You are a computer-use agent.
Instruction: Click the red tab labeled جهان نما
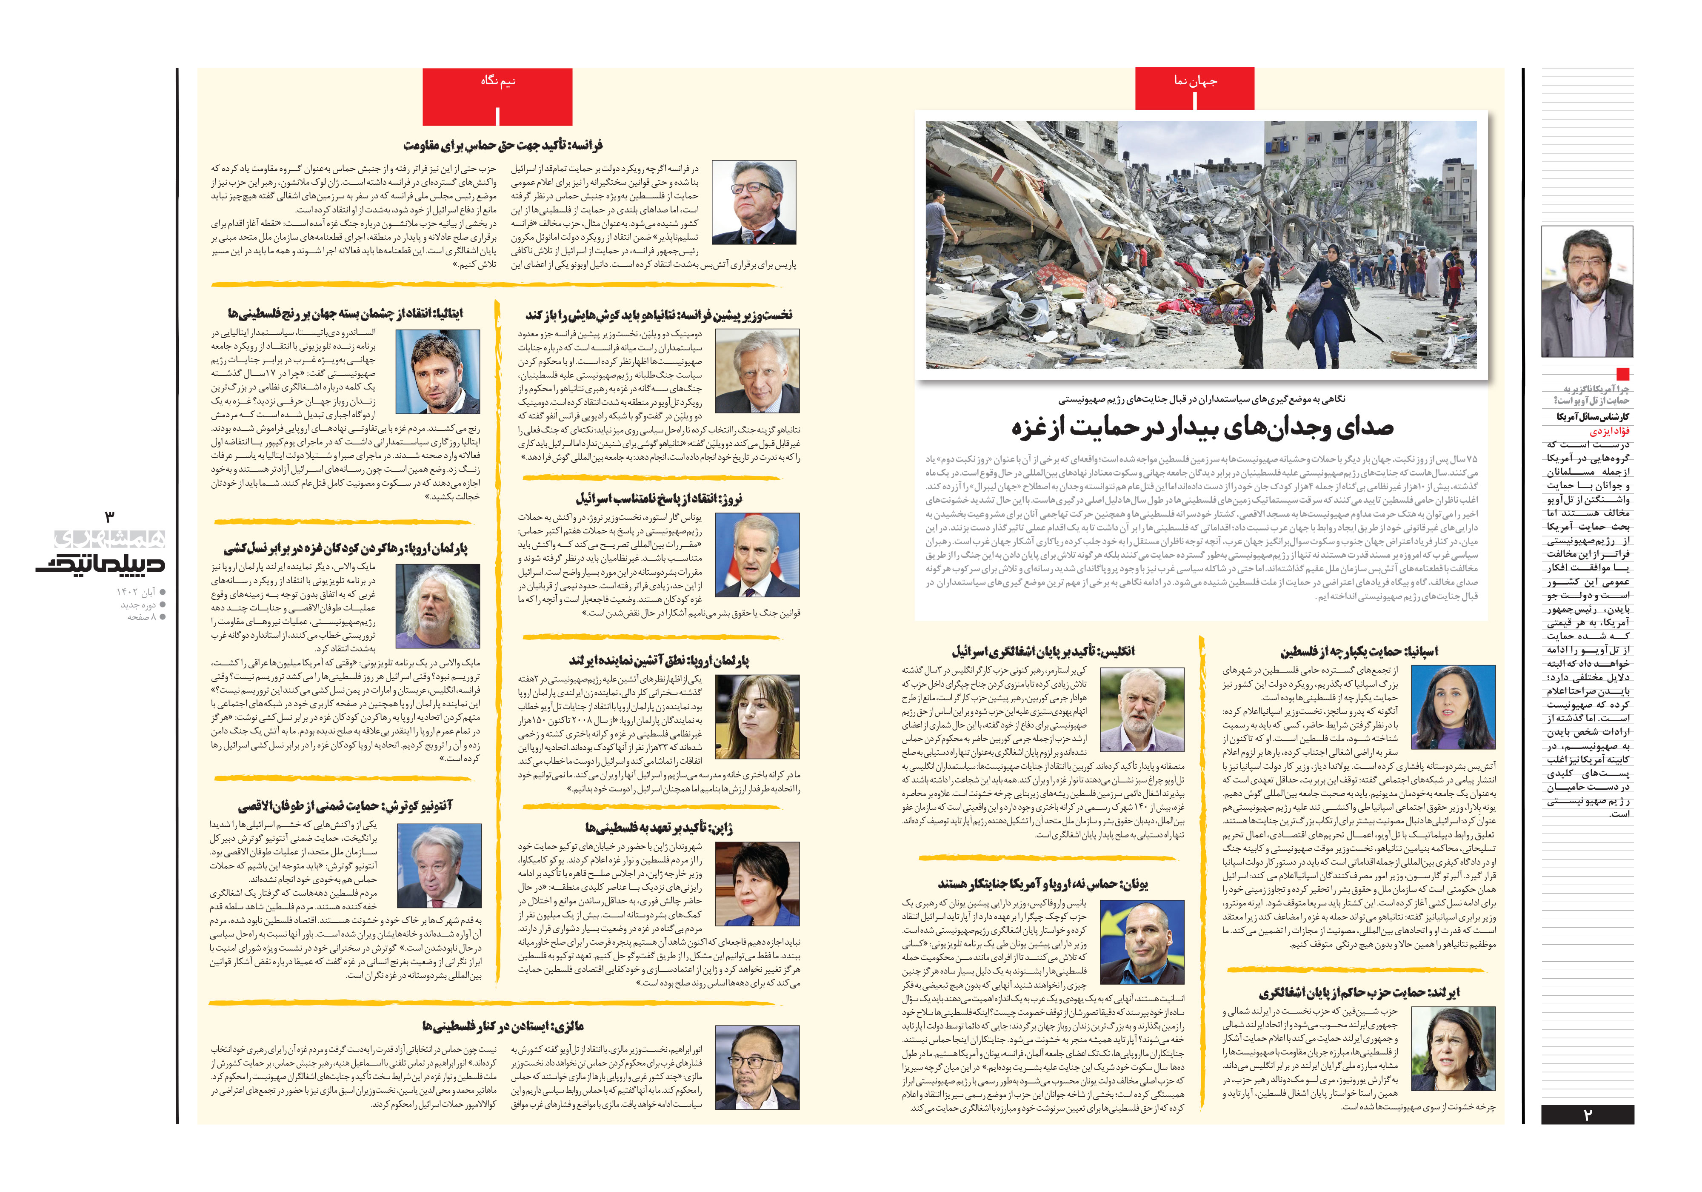click(1194, 82)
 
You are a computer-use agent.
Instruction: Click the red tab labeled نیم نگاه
click(497, 82)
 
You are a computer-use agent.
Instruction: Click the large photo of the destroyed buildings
click(1201, 245)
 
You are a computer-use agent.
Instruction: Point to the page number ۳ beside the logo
click(110, 516)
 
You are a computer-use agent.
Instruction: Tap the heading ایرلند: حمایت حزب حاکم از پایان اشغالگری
click(1359, 992)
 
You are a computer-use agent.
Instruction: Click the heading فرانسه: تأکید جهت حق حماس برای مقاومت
click(503, 145)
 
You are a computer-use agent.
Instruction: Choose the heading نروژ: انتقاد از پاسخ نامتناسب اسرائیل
click(659, 499)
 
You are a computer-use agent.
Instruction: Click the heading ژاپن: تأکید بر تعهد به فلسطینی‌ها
click(659, 828)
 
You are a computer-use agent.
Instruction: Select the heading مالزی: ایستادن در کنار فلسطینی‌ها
click(503, 1026)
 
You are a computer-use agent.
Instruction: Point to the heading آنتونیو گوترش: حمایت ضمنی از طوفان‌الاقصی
click(345, 805)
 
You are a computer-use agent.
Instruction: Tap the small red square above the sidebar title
click(1623, 374)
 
